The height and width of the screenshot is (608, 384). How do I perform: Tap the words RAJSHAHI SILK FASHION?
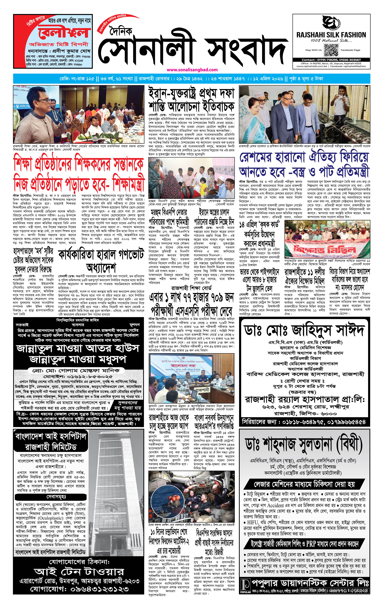(331, 35)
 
